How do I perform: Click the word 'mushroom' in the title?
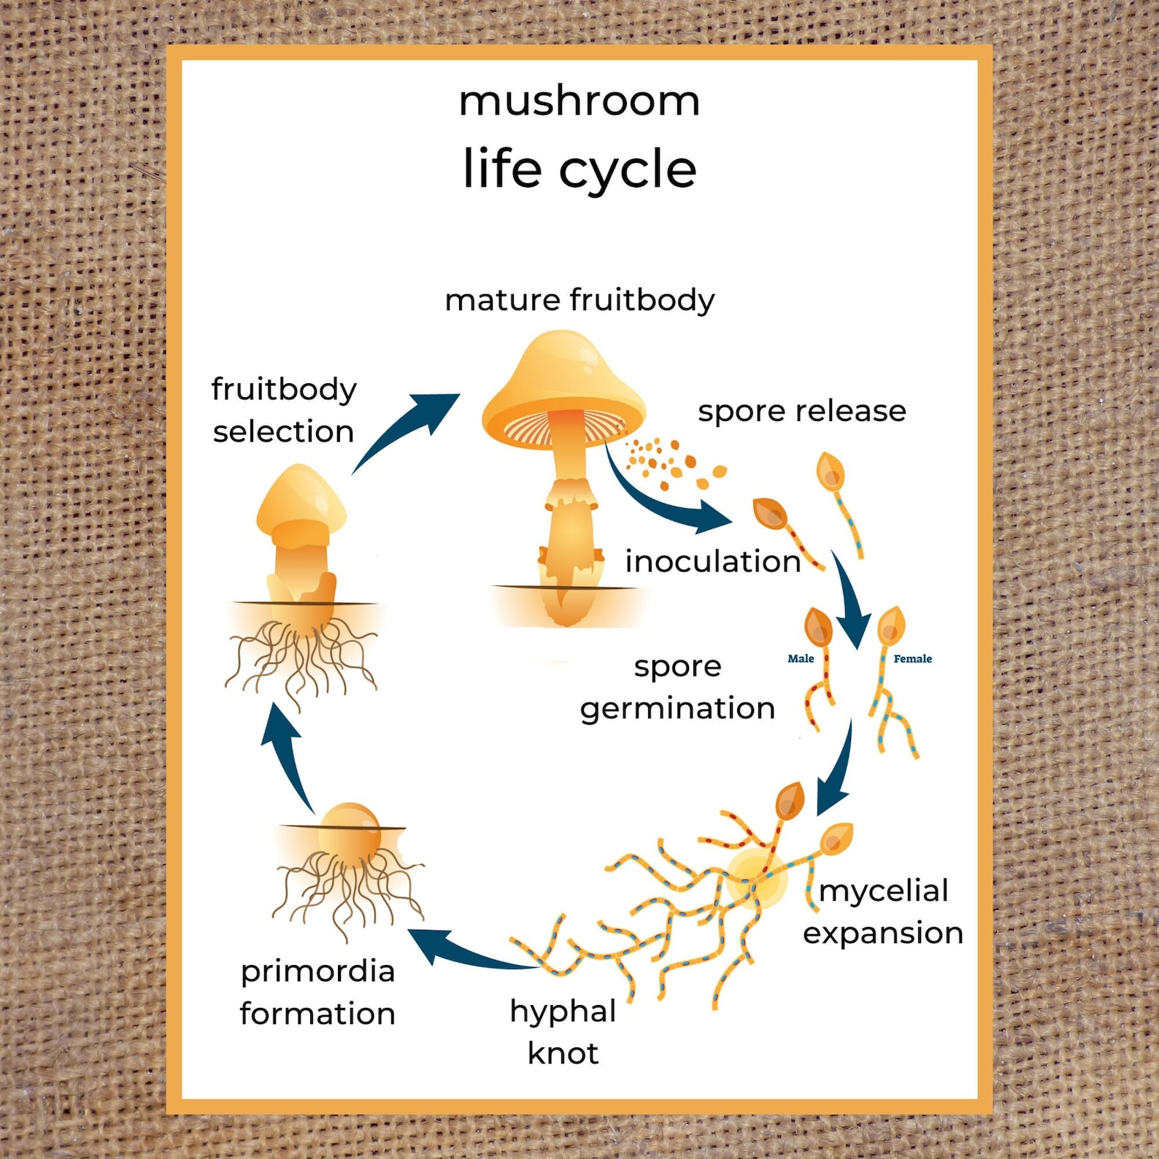click(579, 101)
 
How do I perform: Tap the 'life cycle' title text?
click(579, 169)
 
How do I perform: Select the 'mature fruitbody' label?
click(579, 300)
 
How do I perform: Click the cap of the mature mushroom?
click(563, 376)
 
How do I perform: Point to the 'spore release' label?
click(801, 411)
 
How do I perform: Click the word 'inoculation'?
click(712, 561)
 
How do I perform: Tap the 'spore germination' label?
click(677, 687)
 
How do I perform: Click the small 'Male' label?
click(800, 658)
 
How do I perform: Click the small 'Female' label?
click(912, 658)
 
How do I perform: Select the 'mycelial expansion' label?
click(883, 912)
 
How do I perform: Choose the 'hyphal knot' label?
click(563, 1032)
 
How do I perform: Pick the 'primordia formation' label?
click(317, 992)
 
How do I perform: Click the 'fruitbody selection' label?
click(284, 410)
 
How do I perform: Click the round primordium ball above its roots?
click(350, 828)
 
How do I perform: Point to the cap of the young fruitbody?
click(301, 496)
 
